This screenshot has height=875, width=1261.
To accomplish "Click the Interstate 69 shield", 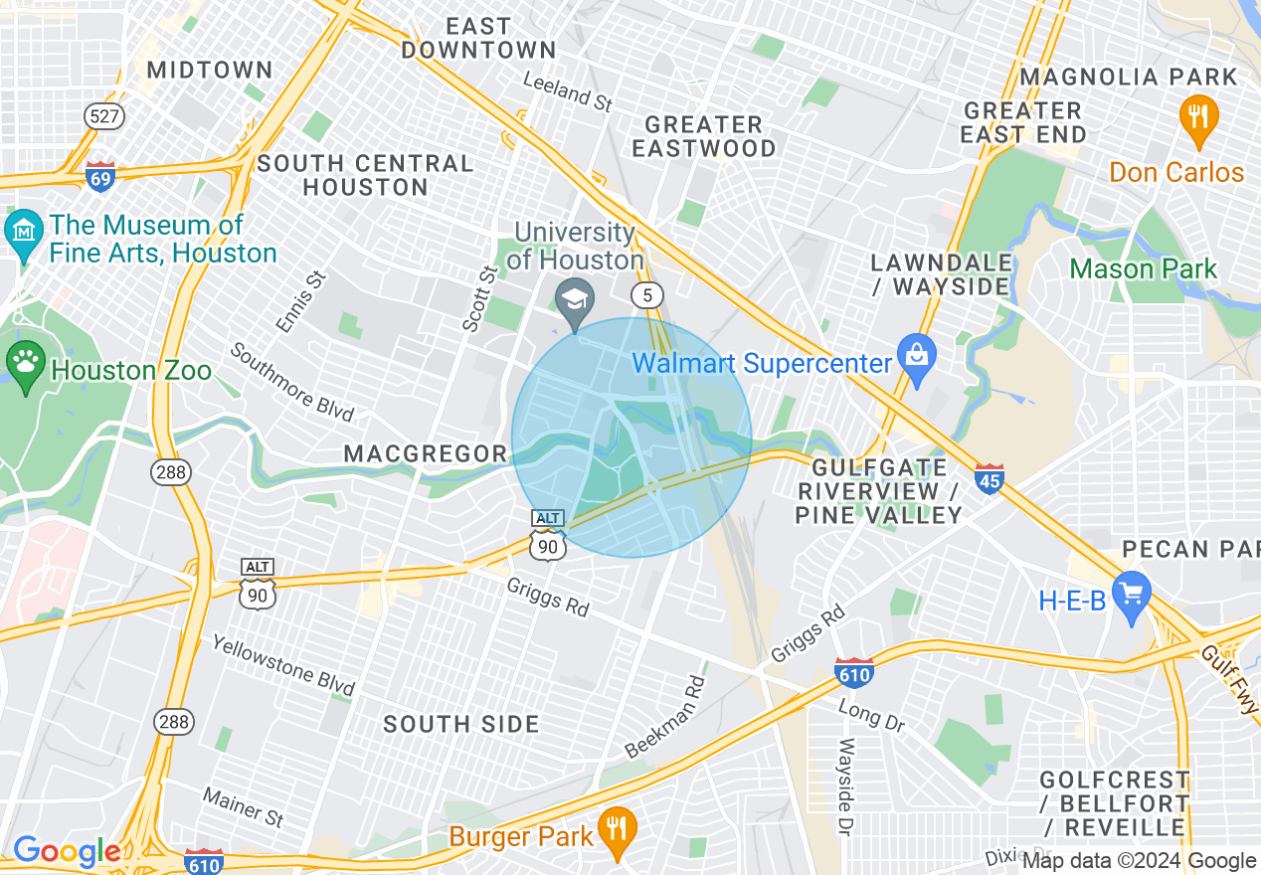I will click(100, 176).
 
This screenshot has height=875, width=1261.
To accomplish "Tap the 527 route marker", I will click(104, 116).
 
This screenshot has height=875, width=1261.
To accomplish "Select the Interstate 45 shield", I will click(990, 478).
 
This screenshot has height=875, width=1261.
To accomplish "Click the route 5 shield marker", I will click(647, 294).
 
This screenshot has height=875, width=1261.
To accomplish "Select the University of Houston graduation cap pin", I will click(575, 301).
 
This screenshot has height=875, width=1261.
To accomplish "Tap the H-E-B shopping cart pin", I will click(1131, 595).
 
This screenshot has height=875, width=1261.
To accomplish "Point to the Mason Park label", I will click(1143, 268).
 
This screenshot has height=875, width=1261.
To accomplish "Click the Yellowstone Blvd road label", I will click(283, 665).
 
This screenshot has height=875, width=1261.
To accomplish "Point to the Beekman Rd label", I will click(665, 716).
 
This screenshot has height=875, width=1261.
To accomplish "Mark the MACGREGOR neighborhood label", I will click(426, 453).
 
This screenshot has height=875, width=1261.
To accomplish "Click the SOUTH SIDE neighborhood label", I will click(461, 724).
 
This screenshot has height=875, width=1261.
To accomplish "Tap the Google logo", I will click(66, 851).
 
